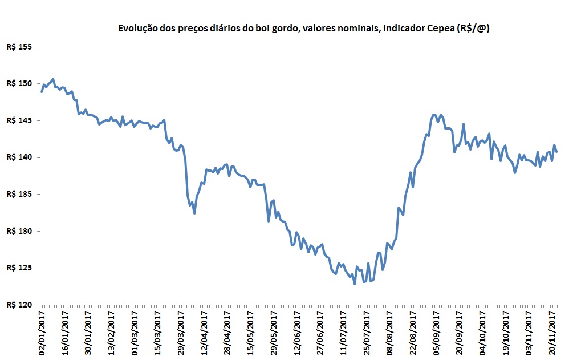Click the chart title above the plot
coord(304,28)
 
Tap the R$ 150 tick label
coord(19,83)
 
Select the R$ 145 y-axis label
coord(19,120)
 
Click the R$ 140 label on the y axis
coord(19,157)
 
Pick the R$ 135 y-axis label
coord(19,194)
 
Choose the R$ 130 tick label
coord(19,231)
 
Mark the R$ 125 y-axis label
coord(19,268)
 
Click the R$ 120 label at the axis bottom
coord(19,305)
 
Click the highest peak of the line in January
coord(53,79)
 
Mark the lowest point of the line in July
coord(355,284)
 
